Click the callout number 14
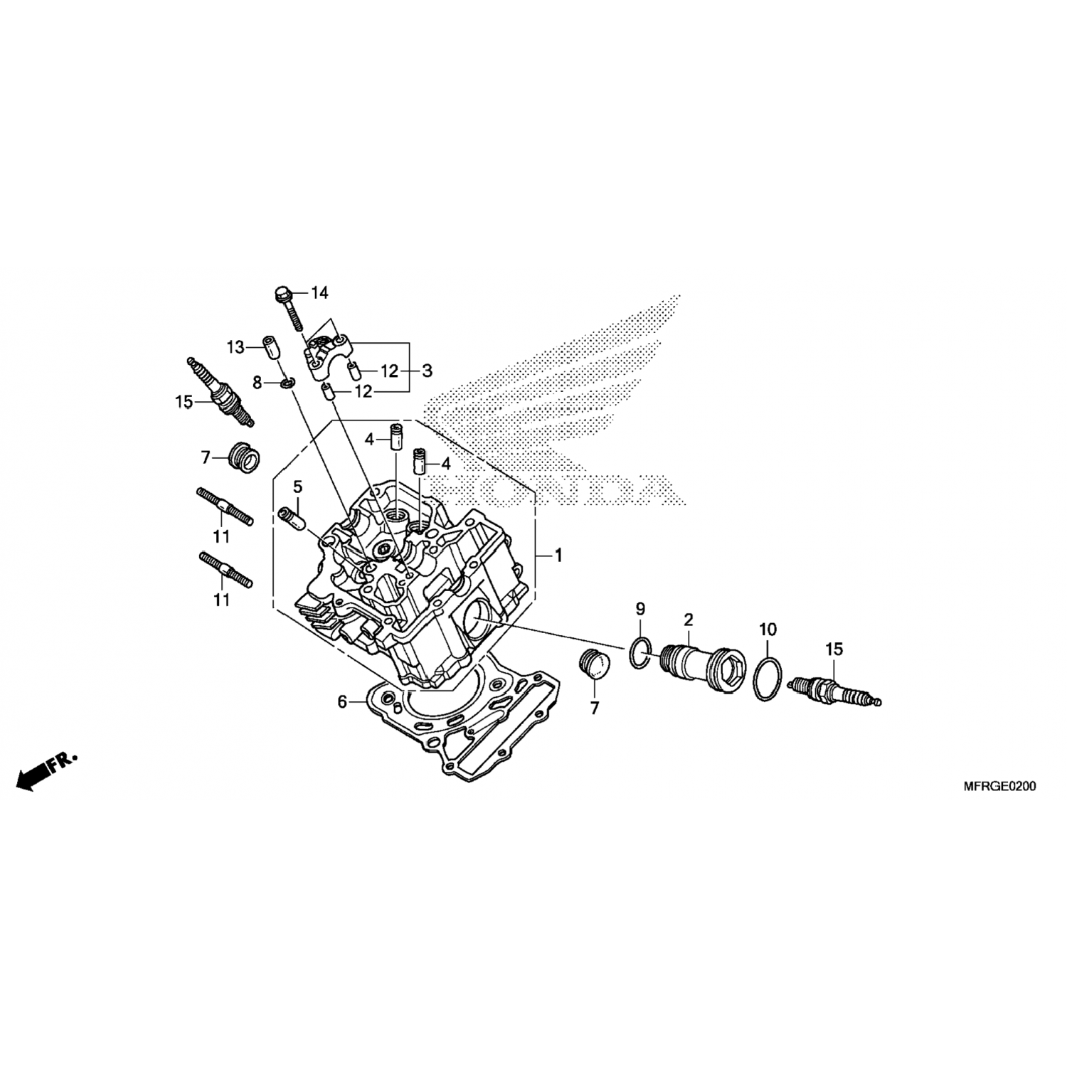tap(320, 292)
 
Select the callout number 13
tap(236, 348)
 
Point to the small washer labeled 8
tap(287, 384)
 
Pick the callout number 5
tap(297, 487)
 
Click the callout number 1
tap(558, 555)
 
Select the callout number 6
tap(342, 702)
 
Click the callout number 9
tap(640, 609)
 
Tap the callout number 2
tap(688, 620)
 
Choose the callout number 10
tap(768, 630)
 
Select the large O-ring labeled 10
tap(769, 679)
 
